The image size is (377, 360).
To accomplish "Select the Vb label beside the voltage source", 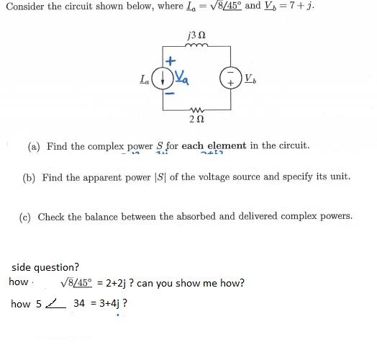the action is click(x=249, y=77).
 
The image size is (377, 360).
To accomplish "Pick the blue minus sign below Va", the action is click(x=171, y=92).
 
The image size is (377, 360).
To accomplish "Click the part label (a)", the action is click(x=35, y=146).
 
